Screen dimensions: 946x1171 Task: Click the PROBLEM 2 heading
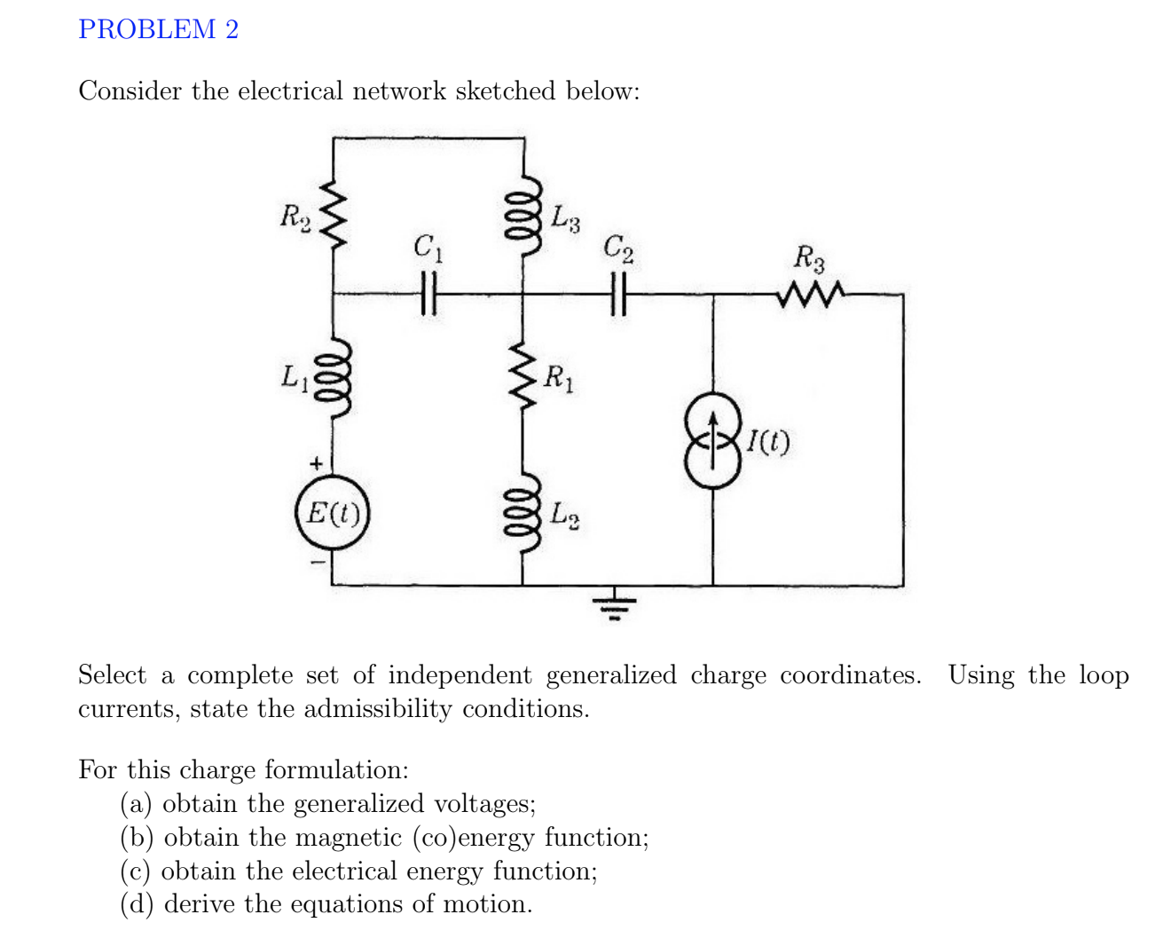click(158, 29)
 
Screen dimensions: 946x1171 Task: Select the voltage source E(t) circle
click(333, 513)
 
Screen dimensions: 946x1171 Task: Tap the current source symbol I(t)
click(711, 441)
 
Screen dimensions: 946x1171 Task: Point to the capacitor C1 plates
click(428, 294)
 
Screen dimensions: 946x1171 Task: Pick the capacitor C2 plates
click(618, 294)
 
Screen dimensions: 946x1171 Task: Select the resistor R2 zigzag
click(333, 216)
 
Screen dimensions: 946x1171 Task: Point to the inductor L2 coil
click(522, 515)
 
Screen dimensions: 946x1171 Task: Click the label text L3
click(565, 218)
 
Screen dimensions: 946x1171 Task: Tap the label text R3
click(808, 259)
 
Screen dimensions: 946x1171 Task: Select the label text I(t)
click(768, 441)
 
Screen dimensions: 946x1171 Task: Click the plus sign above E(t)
click(314, 463)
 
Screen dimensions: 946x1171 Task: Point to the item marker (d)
click(137, 904)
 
